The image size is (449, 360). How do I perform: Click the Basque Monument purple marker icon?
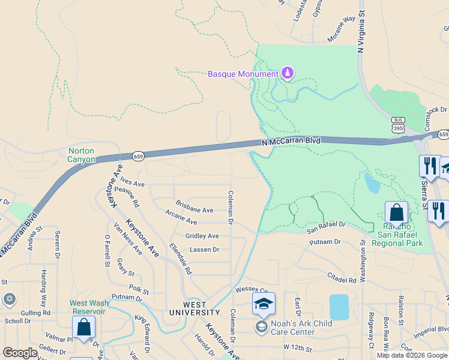(288, 73)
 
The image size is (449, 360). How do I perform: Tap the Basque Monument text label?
(243, 74)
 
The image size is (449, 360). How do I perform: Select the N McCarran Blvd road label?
(291, 142)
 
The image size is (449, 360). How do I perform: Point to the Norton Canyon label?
(82, 155)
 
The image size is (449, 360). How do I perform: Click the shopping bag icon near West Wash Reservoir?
(83, 328)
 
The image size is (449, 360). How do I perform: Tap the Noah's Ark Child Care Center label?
(293, 328)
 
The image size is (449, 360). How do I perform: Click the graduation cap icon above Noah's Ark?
(263, 304)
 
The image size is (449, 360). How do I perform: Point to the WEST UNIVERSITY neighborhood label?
(194, 308)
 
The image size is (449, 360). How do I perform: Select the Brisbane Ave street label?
(194, 211)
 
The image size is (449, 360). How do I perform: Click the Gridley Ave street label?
(202, 236)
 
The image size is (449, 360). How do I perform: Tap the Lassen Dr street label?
(204, 250)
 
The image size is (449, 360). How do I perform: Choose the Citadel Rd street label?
(342, 280)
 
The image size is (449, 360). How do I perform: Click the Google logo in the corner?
(20, 353)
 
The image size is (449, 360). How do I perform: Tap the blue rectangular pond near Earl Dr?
(339, 307)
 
